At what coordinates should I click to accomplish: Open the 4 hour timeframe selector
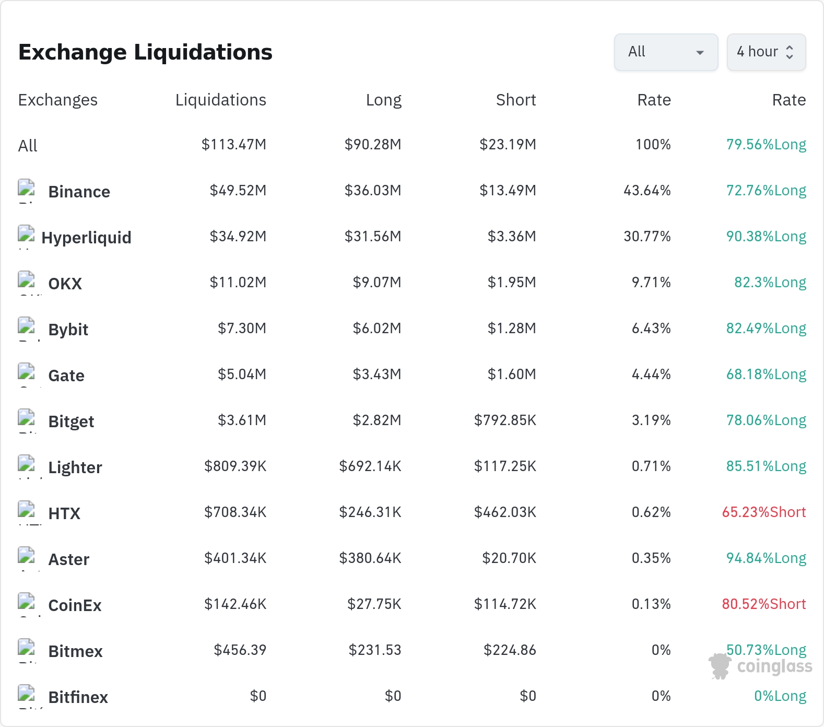[x=766, y=52]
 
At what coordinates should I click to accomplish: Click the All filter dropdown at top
[x=666, y=52]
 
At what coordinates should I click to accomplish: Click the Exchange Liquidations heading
[x=145, y=52]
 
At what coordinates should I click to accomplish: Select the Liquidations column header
[x=221, y=100]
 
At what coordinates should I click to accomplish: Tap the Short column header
[x=516, y=100]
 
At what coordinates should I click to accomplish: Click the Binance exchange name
[x=79, y=192]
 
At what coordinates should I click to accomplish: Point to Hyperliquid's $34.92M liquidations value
[x=238, y=236]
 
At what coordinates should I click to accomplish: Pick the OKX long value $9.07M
[x=377, y=282]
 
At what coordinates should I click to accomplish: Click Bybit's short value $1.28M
[x=512, y=328]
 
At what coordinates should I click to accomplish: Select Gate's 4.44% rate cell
[x=651, y=374]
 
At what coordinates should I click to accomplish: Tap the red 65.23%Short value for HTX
[x=764, y=512]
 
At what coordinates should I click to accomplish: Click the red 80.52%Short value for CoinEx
[x=764, y=604]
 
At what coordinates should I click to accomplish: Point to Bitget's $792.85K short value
[x=505, y=420]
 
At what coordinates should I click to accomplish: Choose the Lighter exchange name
[x=75, y=467]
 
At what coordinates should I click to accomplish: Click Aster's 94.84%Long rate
[x=766, y=558]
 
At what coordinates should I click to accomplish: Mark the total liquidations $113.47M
[x=234, y=144]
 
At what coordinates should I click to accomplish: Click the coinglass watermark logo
[x=760, y=666]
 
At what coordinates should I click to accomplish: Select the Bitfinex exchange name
[x=78, y=697]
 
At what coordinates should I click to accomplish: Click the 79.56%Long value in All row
[x=766, y=144]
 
